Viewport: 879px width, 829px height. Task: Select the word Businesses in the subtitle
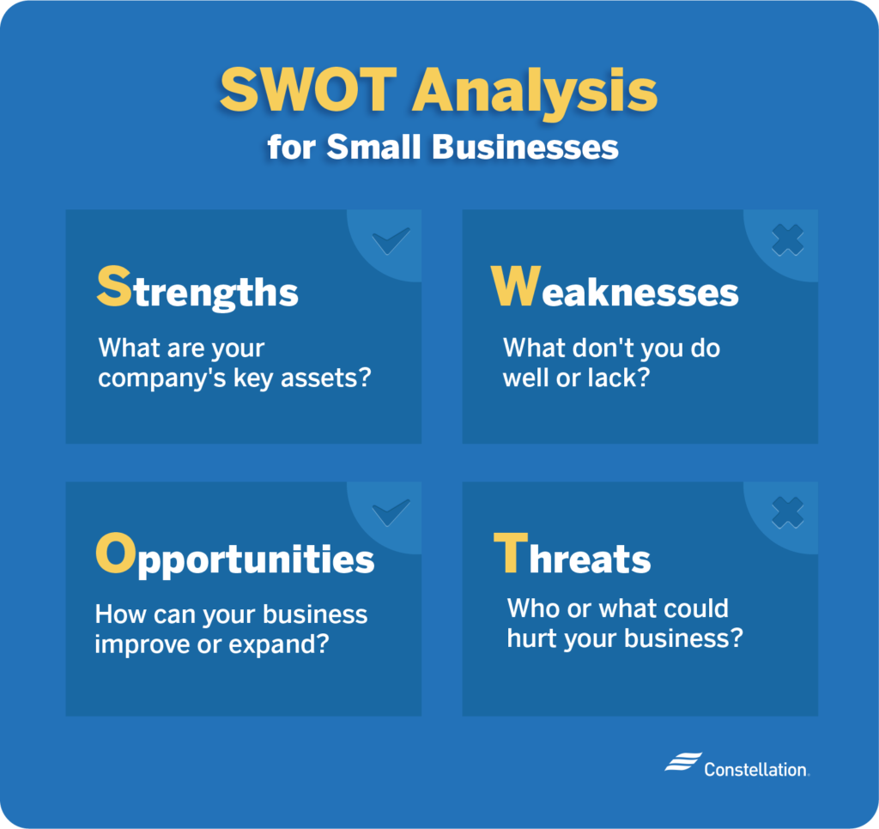pos(524,147)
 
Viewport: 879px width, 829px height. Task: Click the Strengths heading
pos(198,288)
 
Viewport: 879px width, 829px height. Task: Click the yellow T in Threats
pos(510,556)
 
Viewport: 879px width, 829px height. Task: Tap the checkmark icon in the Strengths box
pos(391,241)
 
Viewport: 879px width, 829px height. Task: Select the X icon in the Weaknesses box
pos(787,241)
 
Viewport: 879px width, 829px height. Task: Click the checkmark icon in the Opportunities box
pos(391,512)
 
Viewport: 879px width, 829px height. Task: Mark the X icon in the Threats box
pos(787,512)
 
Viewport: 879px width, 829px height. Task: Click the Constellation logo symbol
pos(682,764)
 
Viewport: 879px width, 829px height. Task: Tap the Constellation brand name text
pos(755,770)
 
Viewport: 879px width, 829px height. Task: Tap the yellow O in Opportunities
pos(115,556)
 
